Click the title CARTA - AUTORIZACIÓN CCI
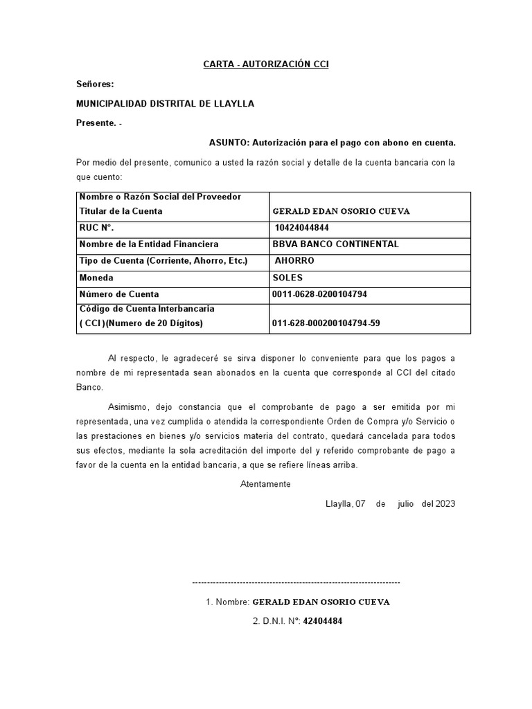(265, 64)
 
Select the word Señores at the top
(94, 84)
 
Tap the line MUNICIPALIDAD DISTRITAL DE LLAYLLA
(165, 104)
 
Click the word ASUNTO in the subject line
(229, 143)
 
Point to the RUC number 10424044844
(302, 228)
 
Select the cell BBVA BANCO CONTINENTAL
(336, 244)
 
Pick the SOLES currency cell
(288, 278)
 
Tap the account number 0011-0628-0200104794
(320, 294)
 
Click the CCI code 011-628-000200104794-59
(326, 323)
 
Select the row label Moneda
(97, 278)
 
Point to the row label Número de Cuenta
(119, 294)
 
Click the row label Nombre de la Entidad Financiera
(149, 244)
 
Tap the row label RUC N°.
(96, 228)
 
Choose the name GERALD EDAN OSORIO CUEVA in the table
(342, 212)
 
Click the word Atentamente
(265, 484)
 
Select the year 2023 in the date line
(445, 503)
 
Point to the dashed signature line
(295, 583)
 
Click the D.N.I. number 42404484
(323, 621)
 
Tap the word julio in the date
(405, 503)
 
